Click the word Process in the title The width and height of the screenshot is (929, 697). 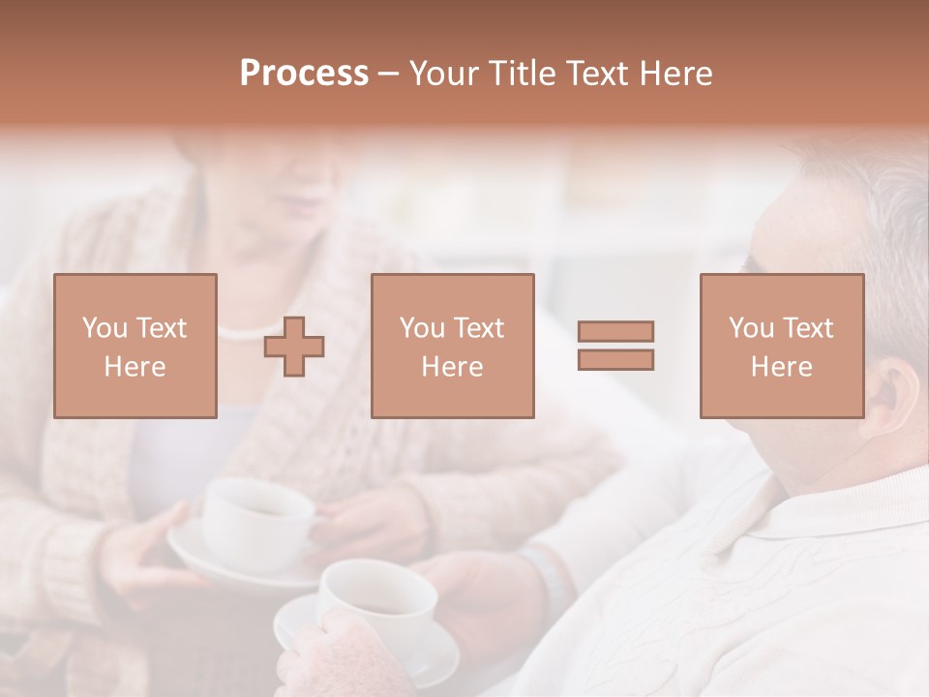coord(304,74)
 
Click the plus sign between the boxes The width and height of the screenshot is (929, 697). coord(294,347)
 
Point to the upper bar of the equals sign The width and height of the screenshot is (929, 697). coord(615,331)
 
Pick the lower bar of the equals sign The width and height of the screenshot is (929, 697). coord(615,360)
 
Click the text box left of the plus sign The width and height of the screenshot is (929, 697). coord(135,347)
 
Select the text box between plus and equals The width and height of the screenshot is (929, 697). coord(453,347)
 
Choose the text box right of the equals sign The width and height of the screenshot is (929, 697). coord(782,347)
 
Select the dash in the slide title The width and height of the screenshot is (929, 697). coord(388,74)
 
